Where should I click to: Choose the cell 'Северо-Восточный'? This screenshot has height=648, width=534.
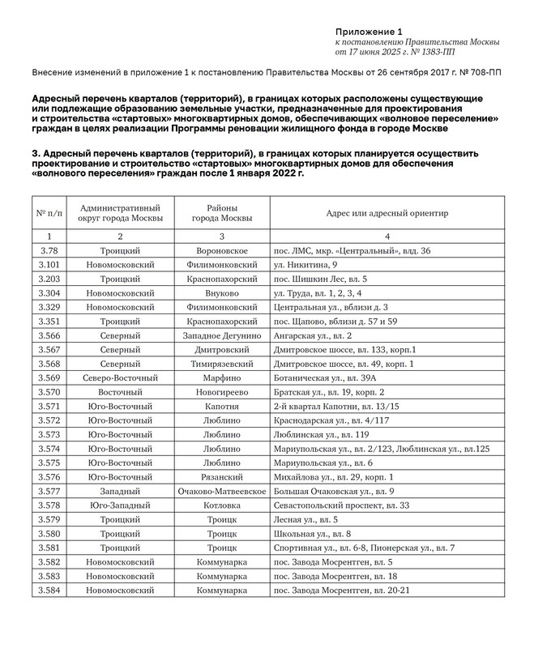pyautogui.click(x=120, y=378)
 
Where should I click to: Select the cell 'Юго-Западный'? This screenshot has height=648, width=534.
pyautogui.click(x=120, y=505)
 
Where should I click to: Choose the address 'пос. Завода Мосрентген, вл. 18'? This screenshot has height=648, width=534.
pyautogui.click(x=335, y=576)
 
